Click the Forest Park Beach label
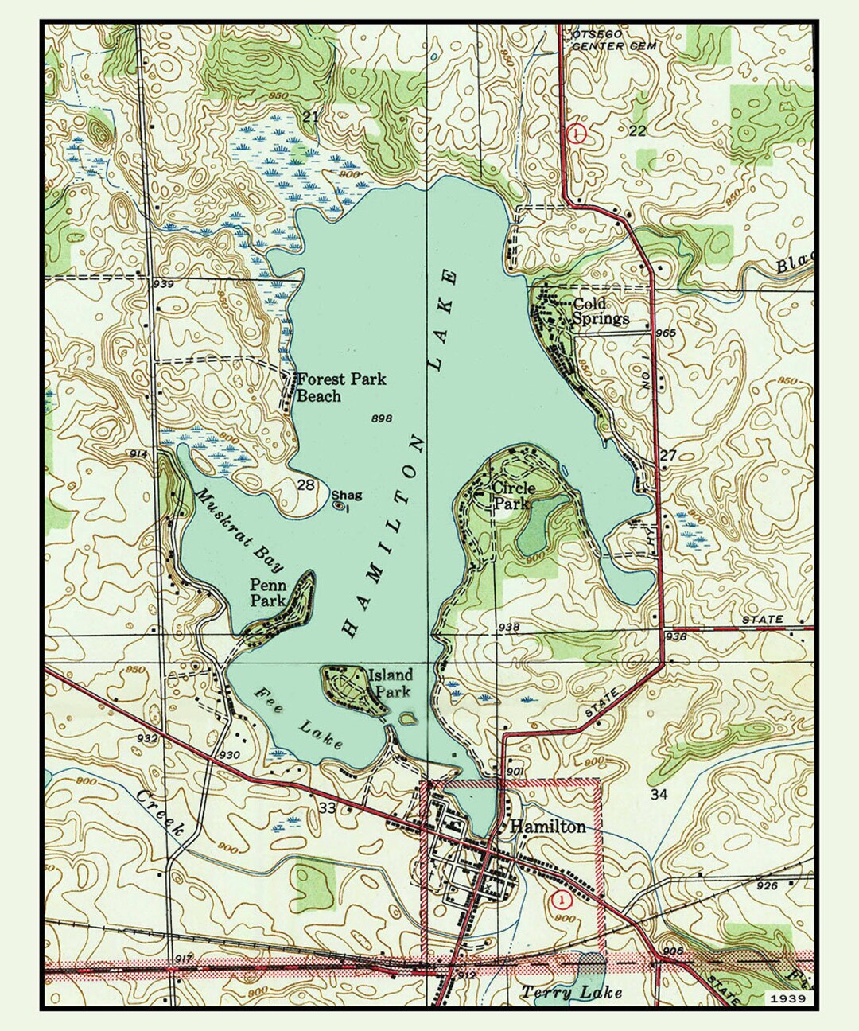(x=340, y=387)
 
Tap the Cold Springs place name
(x=600, y=311)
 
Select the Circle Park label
(x=514, y=496)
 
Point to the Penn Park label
(x=268, y=593)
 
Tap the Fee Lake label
(x=299, y=718)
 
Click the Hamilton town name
(x=547, y=827)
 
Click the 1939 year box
(x=787, y=998)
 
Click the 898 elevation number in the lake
(x=381, y=418)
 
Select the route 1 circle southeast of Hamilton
(x=561, y=900)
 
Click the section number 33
(x=326, y=808)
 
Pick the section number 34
(x=659, y=794)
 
